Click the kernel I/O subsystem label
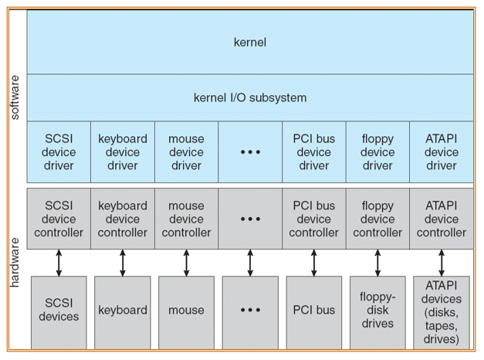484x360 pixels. pos(250,97)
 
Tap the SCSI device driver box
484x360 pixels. pos(59,151)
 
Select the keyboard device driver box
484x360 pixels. pos(123,151)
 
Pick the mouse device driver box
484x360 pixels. pos(187,151)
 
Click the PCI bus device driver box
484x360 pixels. pos(314,151)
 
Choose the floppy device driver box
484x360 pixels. pos(377,151)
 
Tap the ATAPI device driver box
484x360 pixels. pos(442,151)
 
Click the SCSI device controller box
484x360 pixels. pos(59,219)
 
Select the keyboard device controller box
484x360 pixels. pos(123,219)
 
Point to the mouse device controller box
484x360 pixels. pos(187,219)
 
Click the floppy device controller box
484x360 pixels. pos(377,219)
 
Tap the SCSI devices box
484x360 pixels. pos(59,313)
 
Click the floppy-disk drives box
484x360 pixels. pos(377,313)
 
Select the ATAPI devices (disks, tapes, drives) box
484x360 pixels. pos(442,313)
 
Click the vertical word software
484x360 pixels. pos(15,97)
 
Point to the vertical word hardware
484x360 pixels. pos(15,263)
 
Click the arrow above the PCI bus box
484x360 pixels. pos(314,263)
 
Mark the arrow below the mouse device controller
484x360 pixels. pos(187,263)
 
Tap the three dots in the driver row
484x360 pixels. pos(250,152)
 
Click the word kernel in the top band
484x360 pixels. pos(250,42)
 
